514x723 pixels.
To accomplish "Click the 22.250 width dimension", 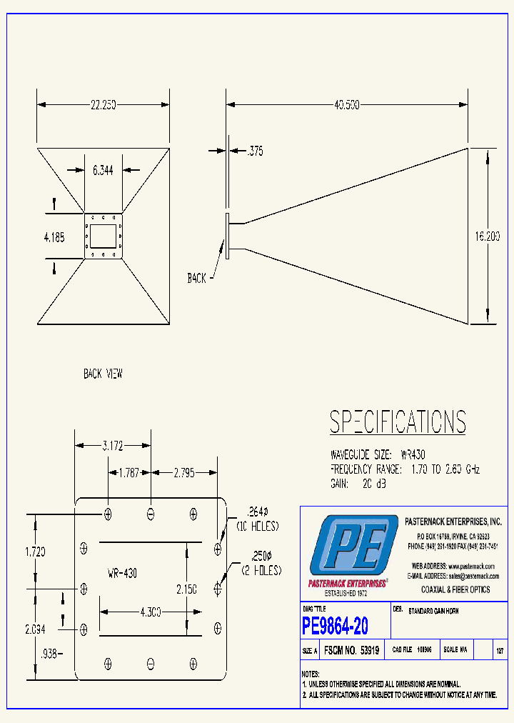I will (103, 104).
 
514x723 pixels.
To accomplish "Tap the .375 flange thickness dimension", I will (255, 151).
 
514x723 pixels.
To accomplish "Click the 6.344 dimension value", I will (103, 170).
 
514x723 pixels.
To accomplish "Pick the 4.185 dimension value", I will (54, 237).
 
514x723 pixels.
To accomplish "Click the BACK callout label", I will (197, 278).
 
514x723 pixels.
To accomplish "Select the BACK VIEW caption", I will (103, 374).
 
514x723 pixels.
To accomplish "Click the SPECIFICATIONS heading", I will (398, 422).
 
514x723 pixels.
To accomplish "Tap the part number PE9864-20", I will (335, 627).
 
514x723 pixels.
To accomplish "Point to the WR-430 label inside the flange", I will (122, 573).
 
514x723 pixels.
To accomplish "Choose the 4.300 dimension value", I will (150, 612).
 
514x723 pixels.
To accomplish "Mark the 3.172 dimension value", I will (112, 446).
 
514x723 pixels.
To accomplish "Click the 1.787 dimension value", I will (128, 472).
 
